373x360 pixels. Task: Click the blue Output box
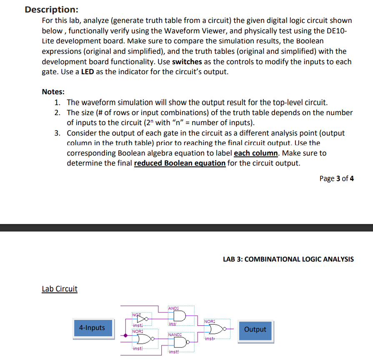click(x=255, y=330)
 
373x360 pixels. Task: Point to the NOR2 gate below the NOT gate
click(x=141, y=337)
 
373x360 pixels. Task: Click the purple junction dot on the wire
click(x=126, y=335)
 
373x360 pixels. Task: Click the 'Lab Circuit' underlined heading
click(x=60, y=289)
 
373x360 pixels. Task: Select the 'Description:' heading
click(x=51, y=9)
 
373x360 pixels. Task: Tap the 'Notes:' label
click(x=53, y=92)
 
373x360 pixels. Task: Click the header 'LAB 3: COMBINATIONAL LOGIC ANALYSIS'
click(x=288, y=259)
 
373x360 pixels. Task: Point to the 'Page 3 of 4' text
click(x=337, y=179)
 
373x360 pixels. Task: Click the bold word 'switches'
click(x=187, y=61)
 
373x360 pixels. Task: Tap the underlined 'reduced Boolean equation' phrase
click(x=180, y=163)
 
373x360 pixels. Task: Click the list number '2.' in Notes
click(x=58, y=113)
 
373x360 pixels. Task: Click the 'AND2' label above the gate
click(x=174, y=308)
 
